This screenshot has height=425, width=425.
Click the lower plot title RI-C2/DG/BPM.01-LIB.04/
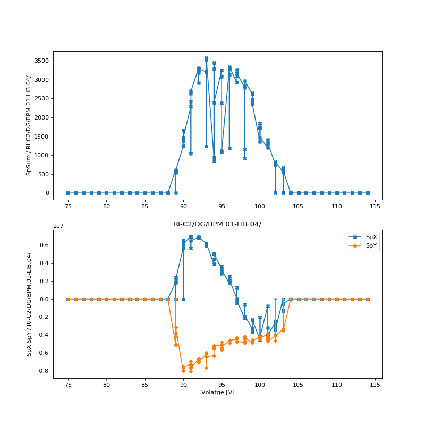217,224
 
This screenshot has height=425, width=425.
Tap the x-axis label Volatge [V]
217,392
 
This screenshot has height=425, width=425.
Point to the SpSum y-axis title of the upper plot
29,125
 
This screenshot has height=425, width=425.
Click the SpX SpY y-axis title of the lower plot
29,304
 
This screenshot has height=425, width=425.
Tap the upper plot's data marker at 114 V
368,193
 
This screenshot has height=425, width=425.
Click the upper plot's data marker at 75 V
68,193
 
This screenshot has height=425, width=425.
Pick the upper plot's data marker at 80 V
106,193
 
